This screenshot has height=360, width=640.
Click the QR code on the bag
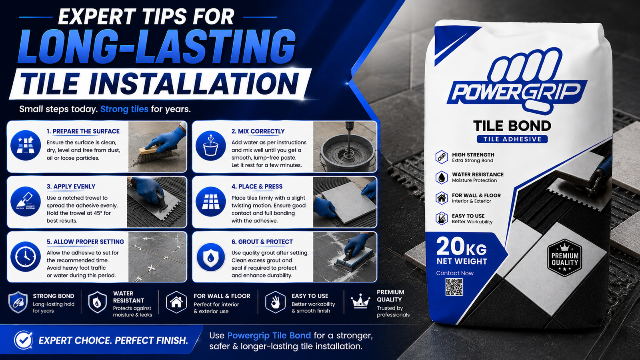point(454,287)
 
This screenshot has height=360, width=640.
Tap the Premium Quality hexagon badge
point(564,258)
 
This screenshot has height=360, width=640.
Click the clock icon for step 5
point(26,256)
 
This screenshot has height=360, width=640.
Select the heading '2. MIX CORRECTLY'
point(258,132)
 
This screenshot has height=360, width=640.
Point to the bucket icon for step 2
point(210,146)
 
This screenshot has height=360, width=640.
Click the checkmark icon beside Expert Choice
point(23,340)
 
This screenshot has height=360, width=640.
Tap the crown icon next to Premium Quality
point(360,301)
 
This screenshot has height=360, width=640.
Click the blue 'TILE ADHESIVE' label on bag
point(512,139)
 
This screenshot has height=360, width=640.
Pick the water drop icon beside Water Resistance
point(442,178)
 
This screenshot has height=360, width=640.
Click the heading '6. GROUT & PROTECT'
point(262,242)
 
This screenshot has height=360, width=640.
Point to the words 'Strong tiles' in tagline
point(124,109)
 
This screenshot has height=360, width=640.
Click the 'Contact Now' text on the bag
point(454,273)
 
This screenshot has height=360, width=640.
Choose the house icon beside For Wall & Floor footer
point(176,302)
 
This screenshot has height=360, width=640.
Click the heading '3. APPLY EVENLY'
point(71,187)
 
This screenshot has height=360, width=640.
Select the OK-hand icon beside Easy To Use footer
point(275,302)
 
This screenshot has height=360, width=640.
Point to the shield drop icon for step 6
point(210,257)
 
